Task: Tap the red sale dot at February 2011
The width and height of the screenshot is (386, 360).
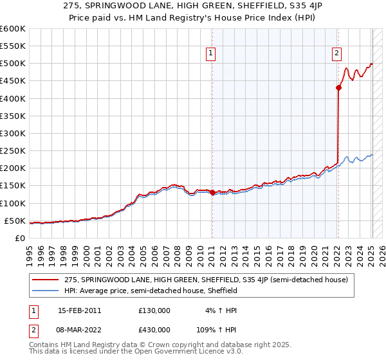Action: coord(212,192)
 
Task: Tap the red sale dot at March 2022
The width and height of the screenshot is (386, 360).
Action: coord(338,88)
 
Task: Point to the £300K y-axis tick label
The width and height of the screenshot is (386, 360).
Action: coord(13,133)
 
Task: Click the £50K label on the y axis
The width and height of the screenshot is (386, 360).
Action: coord(15,221)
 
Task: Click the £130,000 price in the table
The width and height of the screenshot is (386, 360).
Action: coord(154,310)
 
